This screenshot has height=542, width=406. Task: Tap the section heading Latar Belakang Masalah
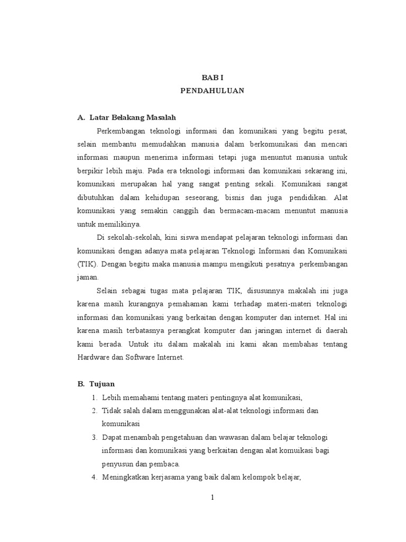[x=132, y=117]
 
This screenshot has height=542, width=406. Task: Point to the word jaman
[x=87, y=277]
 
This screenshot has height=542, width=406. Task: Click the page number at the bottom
[x=211, y=498]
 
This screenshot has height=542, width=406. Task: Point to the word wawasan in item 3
[x=229, y=437]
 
